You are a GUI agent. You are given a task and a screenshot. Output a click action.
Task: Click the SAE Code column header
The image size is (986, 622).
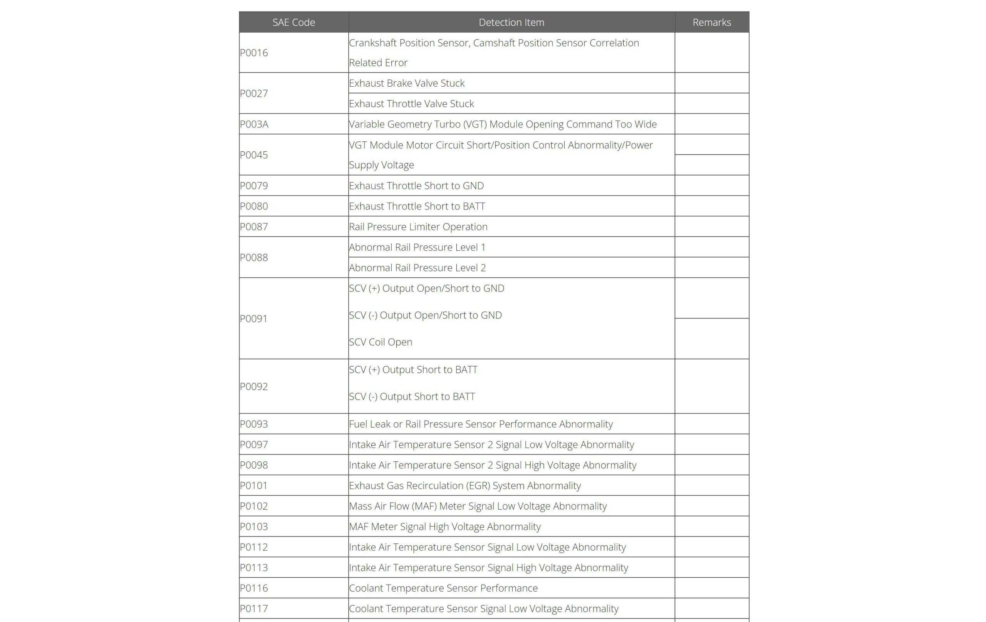(293, 22)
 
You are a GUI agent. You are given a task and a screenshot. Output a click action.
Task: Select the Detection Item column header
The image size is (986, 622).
(511, 22)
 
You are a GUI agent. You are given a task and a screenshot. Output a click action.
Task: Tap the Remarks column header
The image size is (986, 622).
(711, 22)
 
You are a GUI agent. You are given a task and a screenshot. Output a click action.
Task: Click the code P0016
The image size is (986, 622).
(254, 53)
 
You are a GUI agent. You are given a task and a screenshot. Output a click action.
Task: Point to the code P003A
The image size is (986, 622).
(254, 124)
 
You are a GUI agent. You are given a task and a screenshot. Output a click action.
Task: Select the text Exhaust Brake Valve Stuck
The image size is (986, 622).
(406, 83)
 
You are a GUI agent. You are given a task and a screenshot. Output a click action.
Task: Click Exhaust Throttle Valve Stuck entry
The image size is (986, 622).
(411, 104)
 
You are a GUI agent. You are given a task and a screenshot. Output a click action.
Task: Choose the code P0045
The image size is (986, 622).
(254, 155)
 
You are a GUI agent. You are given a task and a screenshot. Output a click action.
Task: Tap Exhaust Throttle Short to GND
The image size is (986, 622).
(416, 186)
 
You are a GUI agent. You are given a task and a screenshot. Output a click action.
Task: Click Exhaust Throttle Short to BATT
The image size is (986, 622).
(416, 206)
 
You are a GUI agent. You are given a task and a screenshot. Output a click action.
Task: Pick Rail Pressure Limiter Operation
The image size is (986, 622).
(418, 226)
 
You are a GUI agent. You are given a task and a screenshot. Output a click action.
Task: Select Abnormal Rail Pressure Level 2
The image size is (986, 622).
(417, 268)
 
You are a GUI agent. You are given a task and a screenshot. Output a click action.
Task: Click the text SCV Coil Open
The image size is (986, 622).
(380, 342)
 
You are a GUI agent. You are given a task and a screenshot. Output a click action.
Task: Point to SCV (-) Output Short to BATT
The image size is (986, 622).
(411, 396)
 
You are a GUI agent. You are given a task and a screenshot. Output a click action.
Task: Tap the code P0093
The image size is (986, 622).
(254, 424)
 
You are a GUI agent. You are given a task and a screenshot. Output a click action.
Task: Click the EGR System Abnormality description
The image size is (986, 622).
(464, 486)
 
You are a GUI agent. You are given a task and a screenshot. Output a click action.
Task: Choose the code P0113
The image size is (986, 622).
(254, 568)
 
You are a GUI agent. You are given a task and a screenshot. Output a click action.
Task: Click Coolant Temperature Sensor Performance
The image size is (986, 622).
(443, 588)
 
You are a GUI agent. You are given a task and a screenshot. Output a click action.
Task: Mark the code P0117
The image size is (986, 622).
(254, 609)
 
